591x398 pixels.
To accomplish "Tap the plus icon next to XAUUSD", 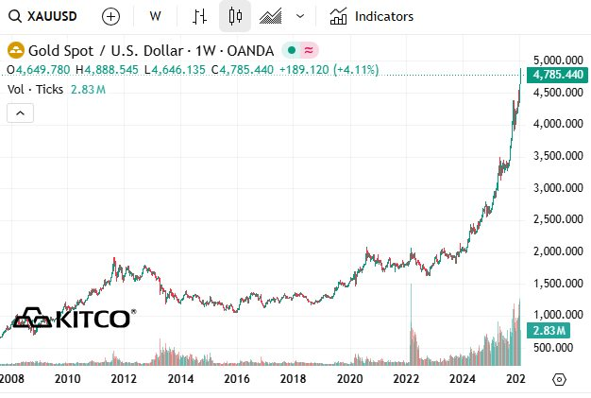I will coord(110,16).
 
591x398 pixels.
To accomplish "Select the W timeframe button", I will coord(155,16).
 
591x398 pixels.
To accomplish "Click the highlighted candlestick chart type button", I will coord(235,16).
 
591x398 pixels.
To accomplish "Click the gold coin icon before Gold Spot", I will coord(16,50).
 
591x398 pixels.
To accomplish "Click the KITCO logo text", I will coord(91,319).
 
